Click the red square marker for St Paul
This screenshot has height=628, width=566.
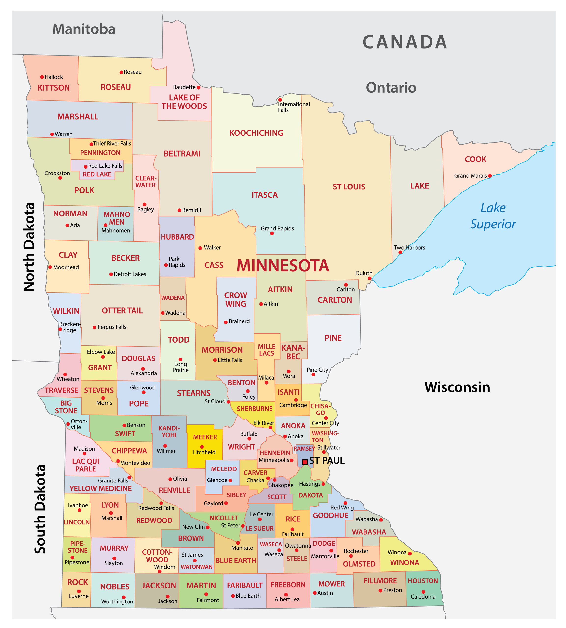(x=305, y=462)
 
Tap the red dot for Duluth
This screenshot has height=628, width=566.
(x=369, y=278)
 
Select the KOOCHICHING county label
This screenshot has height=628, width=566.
(x=256, y=133)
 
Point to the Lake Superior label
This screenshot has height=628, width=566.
(x=493, y=216)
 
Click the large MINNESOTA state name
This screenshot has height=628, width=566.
(x=283, y=266)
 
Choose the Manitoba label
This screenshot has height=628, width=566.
(x=84, y=29)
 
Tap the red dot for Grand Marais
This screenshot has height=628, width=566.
(x=490, y=176)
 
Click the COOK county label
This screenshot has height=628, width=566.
(x=475, y=159)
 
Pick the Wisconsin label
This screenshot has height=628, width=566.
(x=457, y=387)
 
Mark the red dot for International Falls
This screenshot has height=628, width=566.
(x=280, y=100)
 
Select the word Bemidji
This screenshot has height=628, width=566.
(x=191, y=210)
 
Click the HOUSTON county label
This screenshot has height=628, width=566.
(x=423, y=581)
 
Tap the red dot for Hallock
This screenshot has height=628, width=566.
(x=42, y=77)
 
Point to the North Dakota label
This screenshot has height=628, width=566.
(x=29, y=247)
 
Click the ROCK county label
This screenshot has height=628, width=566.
(x=78, y=582)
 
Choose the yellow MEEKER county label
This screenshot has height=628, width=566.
(x=205, y=437)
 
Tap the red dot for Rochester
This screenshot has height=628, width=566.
(x=351, y=556)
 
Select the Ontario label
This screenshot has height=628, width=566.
(x=391, y=88)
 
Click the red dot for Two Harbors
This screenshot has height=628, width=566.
(x=400, y=252)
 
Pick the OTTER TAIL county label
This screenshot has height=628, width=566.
(x=122, y=311)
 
